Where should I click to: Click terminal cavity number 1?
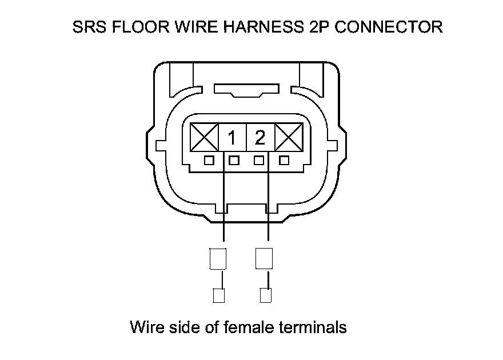(233, 138)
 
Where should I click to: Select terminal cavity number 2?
(260, 138)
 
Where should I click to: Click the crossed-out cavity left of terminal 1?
(204, 138)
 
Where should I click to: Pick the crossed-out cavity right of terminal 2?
(289, 138)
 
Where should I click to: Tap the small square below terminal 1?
(233, 161)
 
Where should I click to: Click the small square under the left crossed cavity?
(210, 161)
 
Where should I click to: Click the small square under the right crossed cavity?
(284, 161)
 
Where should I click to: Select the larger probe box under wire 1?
(219, 259)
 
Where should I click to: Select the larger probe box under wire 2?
(264, 259)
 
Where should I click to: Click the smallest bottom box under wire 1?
(218, 296)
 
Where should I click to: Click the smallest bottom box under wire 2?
(265, 296)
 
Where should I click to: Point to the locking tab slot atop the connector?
(246, 90)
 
